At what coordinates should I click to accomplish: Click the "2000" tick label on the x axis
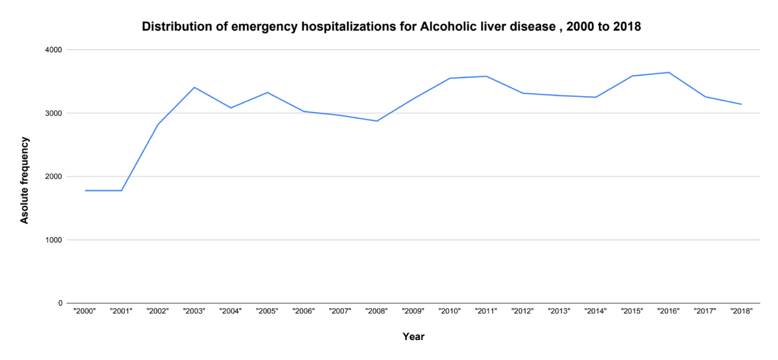pyautogui.click(x=85, y=312)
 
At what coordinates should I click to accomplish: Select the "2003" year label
pyautogui.click(x=194, y=312)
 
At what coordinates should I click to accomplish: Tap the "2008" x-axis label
pyautogui.click(x=377, y=312)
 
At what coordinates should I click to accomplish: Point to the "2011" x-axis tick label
pyautogui.click(x=486, y=312)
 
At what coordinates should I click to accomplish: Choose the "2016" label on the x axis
pyautogui.click(x=669, y=312)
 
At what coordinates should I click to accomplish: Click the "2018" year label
pyautogui.click(x=741, y=312)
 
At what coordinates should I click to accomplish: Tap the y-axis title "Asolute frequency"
pyautogui.click(x=24, y=180)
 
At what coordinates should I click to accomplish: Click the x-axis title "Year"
pyautogui.click(x=413, y=337)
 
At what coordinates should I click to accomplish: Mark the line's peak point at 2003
pyautogui.click(x=194, y=87)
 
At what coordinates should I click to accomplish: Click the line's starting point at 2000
pyautogui.click(x=85, y=190)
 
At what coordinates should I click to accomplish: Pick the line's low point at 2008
pyautogui.click(x=377, y=121)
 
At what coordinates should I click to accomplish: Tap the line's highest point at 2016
pyautogui.click(x=669, y=72)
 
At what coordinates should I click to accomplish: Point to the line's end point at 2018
pyautogui.click(x=741, y=104)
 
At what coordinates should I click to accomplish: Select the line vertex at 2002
pyautogui.click(x=158, y=125)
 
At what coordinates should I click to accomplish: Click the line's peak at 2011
pyautogui.click(x=486, y=76)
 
